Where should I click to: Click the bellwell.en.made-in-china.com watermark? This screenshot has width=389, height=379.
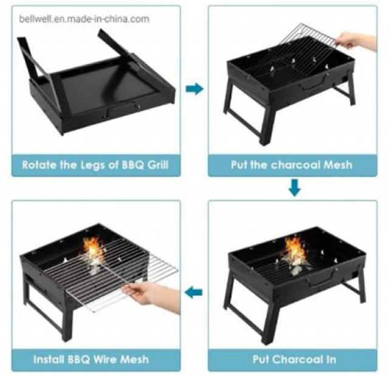click(84, 19)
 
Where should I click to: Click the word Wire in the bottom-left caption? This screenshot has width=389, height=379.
click(105, 359)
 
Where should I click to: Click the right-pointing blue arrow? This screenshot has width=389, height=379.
click(194, 89)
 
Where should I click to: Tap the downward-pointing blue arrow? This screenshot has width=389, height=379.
click(294, 188)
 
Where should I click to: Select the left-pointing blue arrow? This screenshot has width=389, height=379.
click(193, 292)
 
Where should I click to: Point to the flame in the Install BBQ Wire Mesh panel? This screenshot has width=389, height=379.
click(93, 249)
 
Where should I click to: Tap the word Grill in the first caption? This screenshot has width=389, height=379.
click(158, 165)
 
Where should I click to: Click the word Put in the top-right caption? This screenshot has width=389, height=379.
click(239, 165)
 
